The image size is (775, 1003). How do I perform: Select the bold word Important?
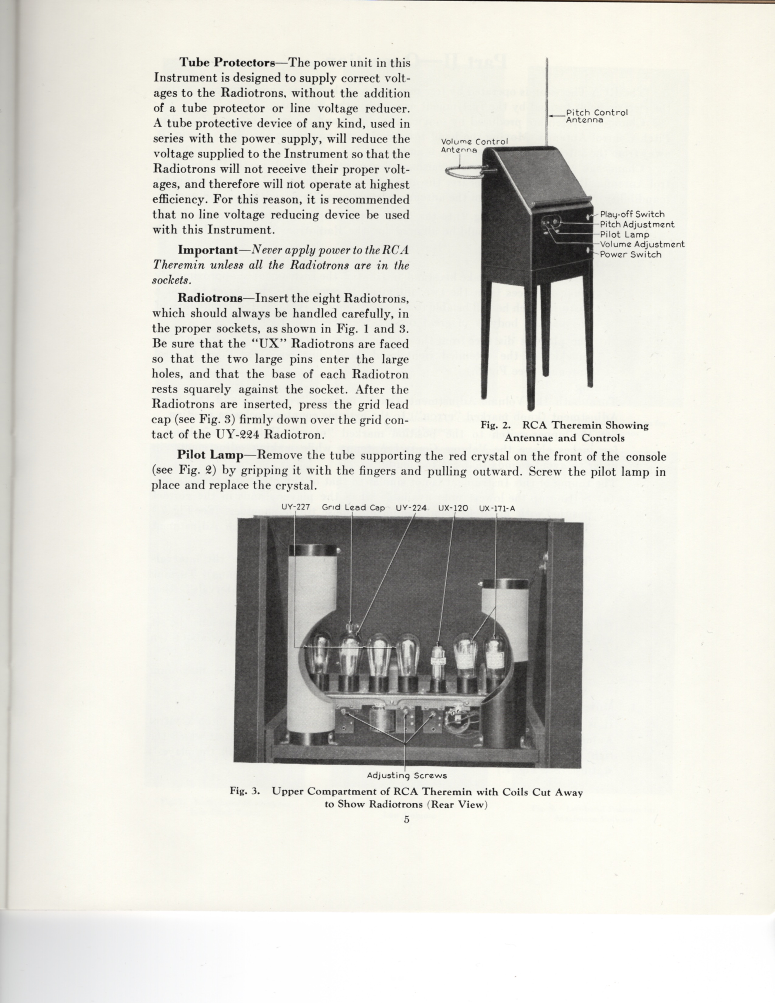coord(207,250)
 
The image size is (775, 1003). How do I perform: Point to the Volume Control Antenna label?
coord(474,146)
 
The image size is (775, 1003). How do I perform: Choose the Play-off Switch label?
coord(632,214)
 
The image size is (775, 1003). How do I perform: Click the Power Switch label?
coord(630,254)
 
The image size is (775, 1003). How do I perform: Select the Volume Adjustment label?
coord(642,244)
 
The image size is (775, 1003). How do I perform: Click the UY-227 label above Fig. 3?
coord(296,508)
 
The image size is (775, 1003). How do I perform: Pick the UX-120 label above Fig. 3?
coord(453,508)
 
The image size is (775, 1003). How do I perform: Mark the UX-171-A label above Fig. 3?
coord(497,508)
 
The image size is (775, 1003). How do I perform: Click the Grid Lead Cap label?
coord(353,508)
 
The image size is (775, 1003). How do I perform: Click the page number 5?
coord(406,820)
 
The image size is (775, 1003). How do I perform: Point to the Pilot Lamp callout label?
coord(625,235)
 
